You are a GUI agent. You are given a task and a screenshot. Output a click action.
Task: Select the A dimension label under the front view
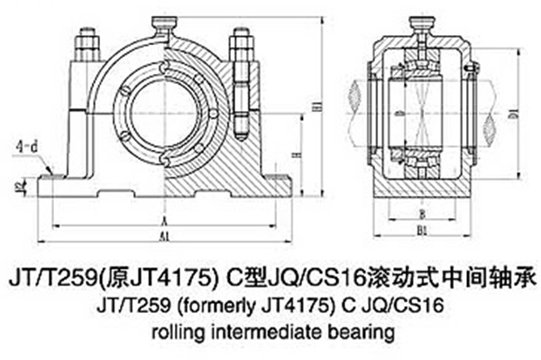[x=163, y=219]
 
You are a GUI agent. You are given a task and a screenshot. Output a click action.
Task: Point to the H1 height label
[x=316, y=109]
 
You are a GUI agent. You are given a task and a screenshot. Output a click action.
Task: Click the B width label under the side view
[x=423, y=214]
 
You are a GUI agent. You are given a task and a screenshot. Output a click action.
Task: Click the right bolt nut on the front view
[x=240, y=41]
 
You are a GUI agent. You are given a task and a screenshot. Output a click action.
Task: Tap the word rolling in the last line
[x=177, y=331]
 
